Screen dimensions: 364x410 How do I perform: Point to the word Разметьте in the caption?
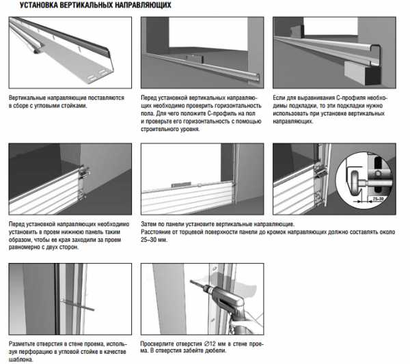click(x=25, y=344)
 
